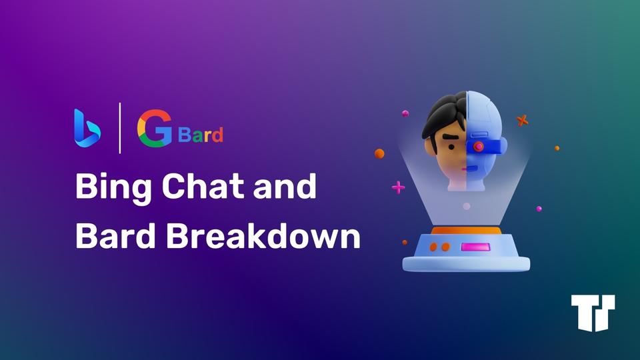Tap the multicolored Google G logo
pos(154,128)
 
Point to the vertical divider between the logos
pos(120,128)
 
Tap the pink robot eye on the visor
pos(478,146)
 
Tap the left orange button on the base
pos(433,247)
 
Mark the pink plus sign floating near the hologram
pos(398,187)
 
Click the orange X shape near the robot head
pos(523,121)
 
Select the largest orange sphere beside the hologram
pos(379,153)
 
